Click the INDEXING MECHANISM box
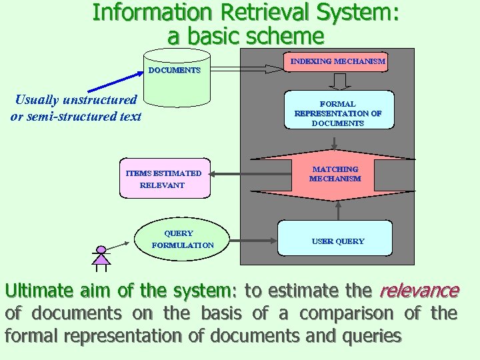337,62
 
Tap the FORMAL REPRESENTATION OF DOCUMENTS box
337,113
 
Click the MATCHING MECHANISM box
335,175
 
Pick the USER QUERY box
337,240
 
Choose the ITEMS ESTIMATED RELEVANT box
164,179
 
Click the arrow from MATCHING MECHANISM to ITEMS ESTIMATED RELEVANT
230,175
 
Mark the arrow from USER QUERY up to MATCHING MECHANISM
339,211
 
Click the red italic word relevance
419,291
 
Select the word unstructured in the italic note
99,100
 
